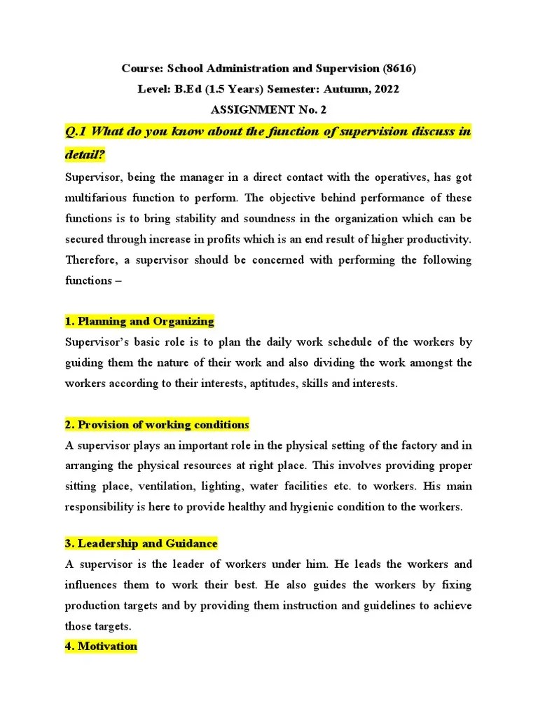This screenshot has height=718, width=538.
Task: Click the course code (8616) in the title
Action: [x=399, y=69]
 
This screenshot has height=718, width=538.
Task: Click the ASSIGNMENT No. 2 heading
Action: [x=268, y=109]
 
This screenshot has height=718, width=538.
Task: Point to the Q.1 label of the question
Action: [x=77, y=133]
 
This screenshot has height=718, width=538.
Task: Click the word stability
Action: [x=209, y=219]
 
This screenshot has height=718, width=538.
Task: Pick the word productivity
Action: [x=443, y=239]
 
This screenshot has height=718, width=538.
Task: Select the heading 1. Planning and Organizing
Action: [x=139, y=321]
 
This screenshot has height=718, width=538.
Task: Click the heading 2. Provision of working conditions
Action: [x=157, y=425]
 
